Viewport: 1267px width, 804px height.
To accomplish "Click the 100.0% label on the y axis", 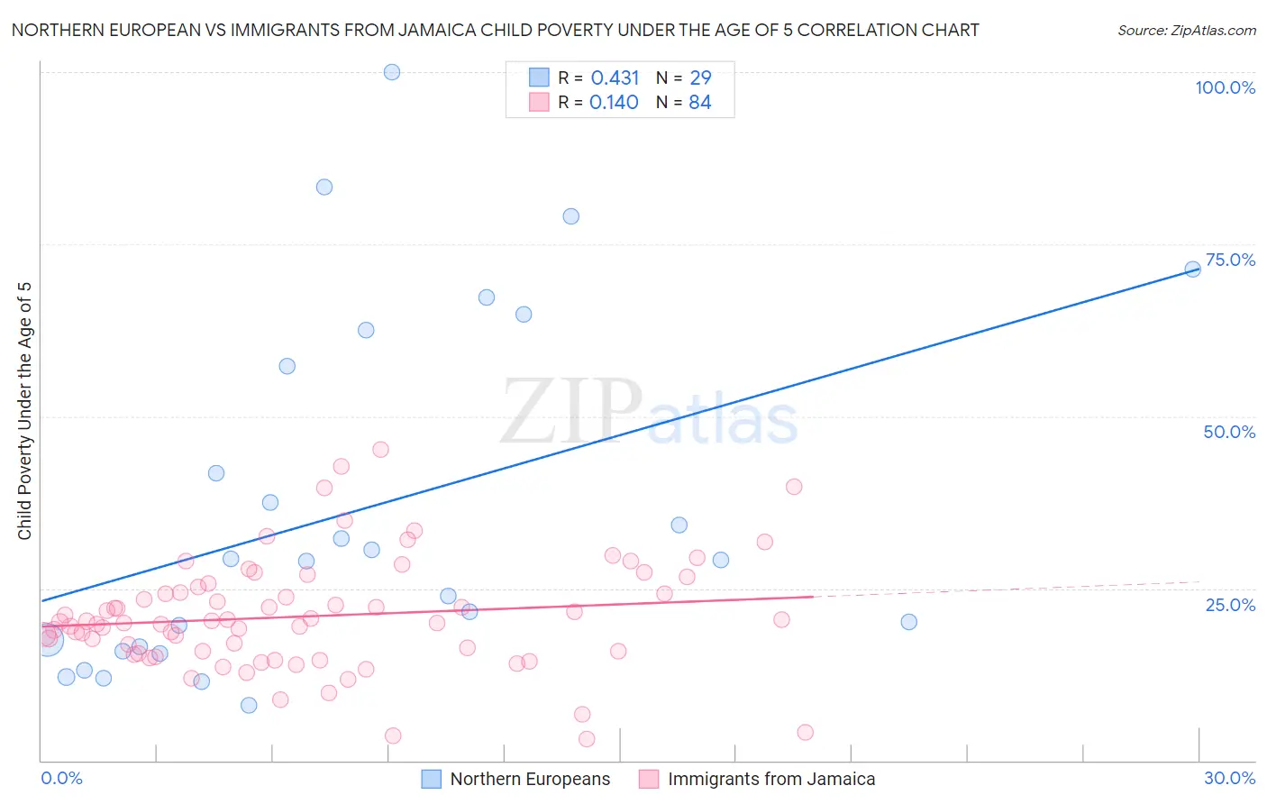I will coord(1225,87).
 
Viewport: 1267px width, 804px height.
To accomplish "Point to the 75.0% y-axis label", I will coord(1229,260).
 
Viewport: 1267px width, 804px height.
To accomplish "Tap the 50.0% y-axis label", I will coord(1228,432).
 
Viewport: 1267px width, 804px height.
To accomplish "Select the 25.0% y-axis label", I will coord(1230,605).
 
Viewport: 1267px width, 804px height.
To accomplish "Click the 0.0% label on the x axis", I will coord(61,778).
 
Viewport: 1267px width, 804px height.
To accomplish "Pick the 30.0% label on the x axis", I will coord(1229,778).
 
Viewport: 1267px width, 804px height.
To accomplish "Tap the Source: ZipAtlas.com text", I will coord(1186,30).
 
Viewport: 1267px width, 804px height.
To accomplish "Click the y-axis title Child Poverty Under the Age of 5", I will coord(24,411).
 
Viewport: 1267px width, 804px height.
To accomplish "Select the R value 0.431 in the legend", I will coord(615,78).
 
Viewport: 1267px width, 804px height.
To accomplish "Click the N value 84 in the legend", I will coord(699,103).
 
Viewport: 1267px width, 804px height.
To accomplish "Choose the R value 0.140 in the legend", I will coord(614,103).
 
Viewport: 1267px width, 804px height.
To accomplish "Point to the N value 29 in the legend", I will coord(699,78).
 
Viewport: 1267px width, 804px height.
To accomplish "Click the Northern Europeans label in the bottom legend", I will coord(530,779).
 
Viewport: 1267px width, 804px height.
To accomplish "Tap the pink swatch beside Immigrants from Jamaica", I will coord(649,779).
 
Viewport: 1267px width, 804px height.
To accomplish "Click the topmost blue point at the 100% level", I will coord(392,72).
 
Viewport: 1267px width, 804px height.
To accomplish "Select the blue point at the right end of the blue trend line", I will coord(1192,269).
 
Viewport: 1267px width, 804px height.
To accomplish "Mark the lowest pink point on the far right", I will coord(805,732).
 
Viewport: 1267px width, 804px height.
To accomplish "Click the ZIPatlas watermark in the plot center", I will coord(649,412).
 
